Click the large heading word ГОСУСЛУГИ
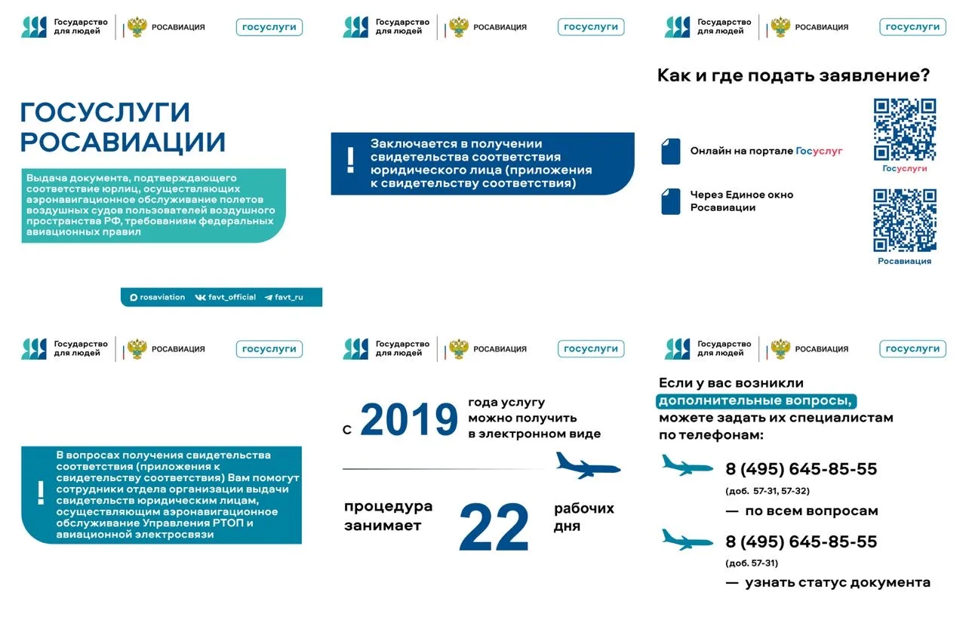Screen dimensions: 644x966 point(105,112)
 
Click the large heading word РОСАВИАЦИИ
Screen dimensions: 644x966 point(123,143)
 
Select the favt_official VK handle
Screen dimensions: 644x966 point(226,297)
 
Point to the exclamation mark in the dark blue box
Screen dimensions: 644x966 point(350,161)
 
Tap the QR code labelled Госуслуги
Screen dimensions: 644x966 point(904,130)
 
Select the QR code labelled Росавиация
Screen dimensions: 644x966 point(904,220)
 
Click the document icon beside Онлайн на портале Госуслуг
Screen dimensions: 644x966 point(670,151)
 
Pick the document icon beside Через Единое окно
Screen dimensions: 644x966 point(670,201)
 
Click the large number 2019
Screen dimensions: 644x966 point(409,420)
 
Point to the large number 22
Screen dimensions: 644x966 point(494,527)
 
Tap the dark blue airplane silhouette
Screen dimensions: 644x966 point(587,465)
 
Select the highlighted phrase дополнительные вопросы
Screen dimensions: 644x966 point(758,400)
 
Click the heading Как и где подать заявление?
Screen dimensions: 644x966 point(793,75)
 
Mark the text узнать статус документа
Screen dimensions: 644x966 point(837,582)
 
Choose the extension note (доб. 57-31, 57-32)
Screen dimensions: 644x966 point(767,491)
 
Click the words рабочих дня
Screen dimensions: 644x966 point(583,517)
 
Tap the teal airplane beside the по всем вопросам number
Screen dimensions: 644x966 point(687,465)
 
